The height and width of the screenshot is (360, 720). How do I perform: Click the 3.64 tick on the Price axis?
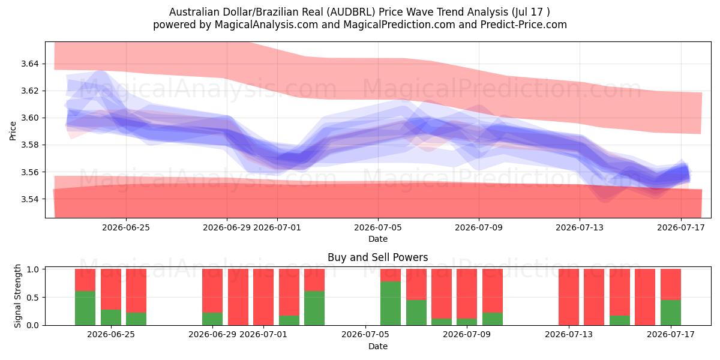click(29, 64)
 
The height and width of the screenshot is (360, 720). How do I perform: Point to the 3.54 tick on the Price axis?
click(29, 199)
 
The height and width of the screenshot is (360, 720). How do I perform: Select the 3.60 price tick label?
click(29, 118)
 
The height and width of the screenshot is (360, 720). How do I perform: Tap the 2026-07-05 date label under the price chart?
click(378, 227)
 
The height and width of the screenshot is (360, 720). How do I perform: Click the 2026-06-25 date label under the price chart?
click(126, 227)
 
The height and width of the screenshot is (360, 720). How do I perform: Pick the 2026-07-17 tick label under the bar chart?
click(671, 334)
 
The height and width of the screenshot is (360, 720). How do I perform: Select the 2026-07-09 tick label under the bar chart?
click(467, 334)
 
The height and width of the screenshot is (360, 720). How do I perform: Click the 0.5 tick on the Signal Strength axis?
click(33, 298)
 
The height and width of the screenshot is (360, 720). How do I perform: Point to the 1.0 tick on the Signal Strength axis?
click(33, 269)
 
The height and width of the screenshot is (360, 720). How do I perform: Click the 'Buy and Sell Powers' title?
click(377, 257)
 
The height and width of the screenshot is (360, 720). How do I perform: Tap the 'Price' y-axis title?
click(13, 131)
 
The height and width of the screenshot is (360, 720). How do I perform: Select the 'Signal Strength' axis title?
click(17, 296)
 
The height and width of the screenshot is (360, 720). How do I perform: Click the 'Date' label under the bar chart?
click(378, 346)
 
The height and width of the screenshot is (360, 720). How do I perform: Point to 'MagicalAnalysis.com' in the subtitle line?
click(266, 25)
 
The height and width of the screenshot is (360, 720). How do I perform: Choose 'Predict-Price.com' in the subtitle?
click(524, 25)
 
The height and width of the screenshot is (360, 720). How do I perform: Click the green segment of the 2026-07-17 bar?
click(671, 313)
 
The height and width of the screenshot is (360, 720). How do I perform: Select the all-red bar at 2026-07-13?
click(569, 297)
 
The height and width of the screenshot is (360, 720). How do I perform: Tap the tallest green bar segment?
click(391, 303)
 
